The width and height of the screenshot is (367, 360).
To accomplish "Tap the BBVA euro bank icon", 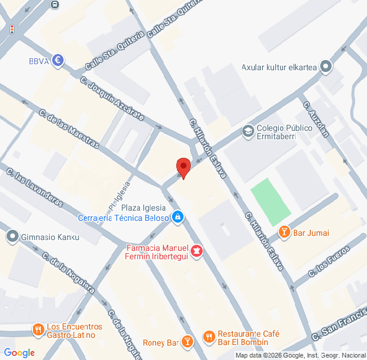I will [58, 60].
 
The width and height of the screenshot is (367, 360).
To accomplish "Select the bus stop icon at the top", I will [55, 4].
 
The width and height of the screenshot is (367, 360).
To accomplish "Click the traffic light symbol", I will [11, 29].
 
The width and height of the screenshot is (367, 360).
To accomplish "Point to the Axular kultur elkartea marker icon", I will [326, 67].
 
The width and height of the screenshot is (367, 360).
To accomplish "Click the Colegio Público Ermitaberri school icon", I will [247, 131].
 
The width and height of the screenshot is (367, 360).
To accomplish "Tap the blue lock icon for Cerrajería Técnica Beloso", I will [178, 217].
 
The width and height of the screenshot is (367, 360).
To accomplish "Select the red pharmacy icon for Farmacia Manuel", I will [197, 250].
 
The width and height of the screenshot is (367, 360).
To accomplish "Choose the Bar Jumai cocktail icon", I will [284, 232].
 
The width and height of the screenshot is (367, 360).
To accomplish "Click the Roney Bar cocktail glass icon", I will [188, 342].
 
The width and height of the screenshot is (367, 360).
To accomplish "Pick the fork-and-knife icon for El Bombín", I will [209, 337].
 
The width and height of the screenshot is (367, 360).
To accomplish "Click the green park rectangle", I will [270, 202].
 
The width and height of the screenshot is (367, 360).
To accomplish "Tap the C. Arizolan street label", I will [316, 119].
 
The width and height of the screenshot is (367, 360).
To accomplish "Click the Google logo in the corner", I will [19, 352].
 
